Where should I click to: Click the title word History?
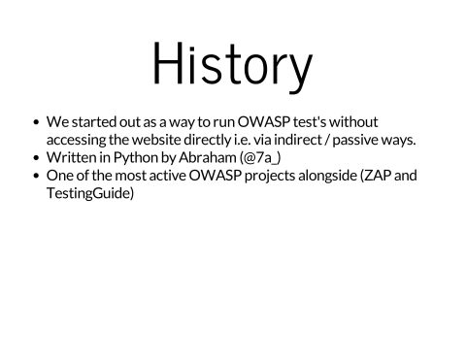coord(232,65)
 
